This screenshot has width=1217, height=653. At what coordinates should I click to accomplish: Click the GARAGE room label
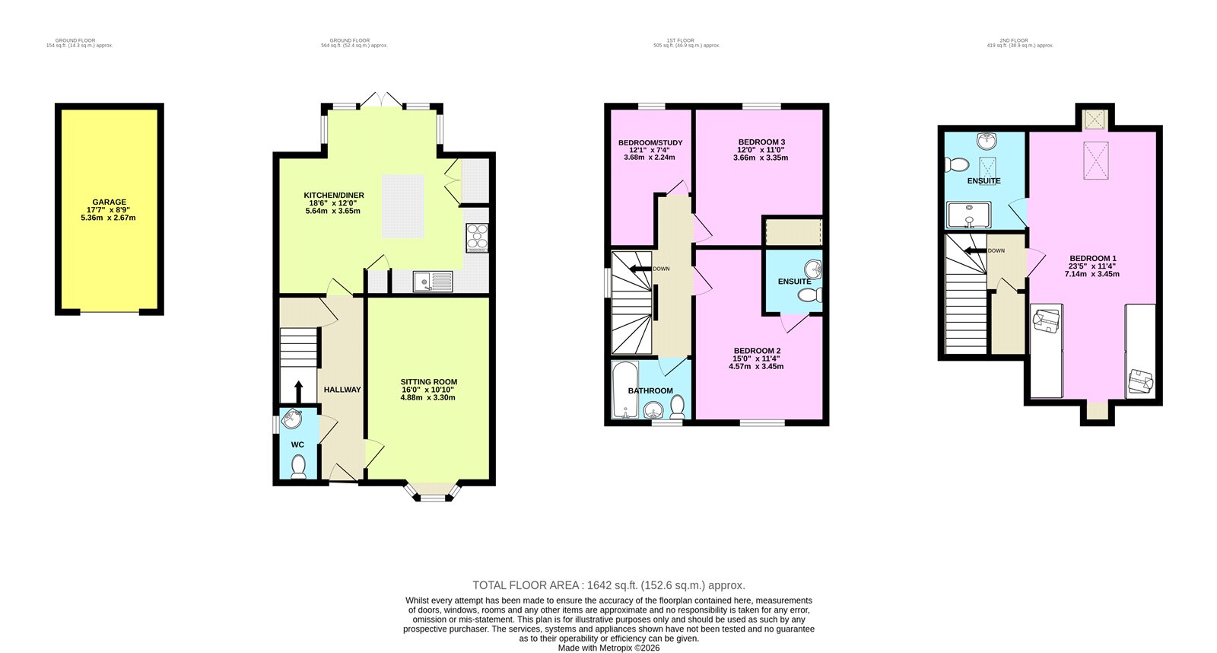110,202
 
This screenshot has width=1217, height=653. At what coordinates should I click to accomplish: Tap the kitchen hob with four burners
477,237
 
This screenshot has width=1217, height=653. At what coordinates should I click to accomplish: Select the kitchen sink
433,282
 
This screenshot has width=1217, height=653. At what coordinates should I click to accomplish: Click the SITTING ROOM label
429,382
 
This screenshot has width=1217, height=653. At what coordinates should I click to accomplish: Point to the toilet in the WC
297,464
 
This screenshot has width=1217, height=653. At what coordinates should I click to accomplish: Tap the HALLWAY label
342,390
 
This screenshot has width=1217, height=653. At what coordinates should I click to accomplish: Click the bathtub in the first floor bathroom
624,390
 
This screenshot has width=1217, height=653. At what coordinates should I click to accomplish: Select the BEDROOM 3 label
761,142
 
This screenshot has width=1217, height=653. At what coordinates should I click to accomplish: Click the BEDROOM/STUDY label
650,143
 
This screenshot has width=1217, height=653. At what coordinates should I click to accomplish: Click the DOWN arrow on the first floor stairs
641,269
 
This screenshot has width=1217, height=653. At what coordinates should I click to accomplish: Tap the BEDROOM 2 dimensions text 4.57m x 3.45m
757,366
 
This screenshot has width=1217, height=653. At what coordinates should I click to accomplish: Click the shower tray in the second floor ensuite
968,215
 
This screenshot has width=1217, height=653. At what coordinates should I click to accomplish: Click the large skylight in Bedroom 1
1096,161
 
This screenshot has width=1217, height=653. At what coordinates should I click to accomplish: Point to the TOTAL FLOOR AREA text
608,585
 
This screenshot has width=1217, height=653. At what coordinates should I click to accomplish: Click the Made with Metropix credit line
608,648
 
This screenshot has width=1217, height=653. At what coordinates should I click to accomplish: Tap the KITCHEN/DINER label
334,196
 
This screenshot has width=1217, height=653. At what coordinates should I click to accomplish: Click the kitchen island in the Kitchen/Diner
402,205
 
